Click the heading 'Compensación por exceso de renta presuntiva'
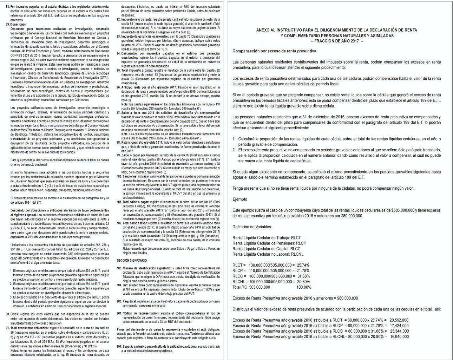pyautogui.click(x=274, y=51)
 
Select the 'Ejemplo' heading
pyautogui.click(x=240, y=199)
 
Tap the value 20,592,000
pyautogui.click(x=399, y=320)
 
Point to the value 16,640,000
pyautogui.click(x=399, y=336)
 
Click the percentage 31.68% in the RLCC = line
pyautogui.click(x=304, y=276)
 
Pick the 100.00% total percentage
pyautogui.click(x=304, y=287)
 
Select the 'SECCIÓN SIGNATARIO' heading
pyautogui.click(x=132, y=260)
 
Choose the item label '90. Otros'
pyautogui.click(x=12, y=314)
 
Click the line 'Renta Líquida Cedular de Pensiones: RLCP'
pyautogui.click(x=269, y=243)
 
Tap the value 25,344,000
pyautogui.click(x=399, y=331)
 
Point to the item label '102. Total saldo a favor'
pyautogui.click(x=132, y=223)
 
